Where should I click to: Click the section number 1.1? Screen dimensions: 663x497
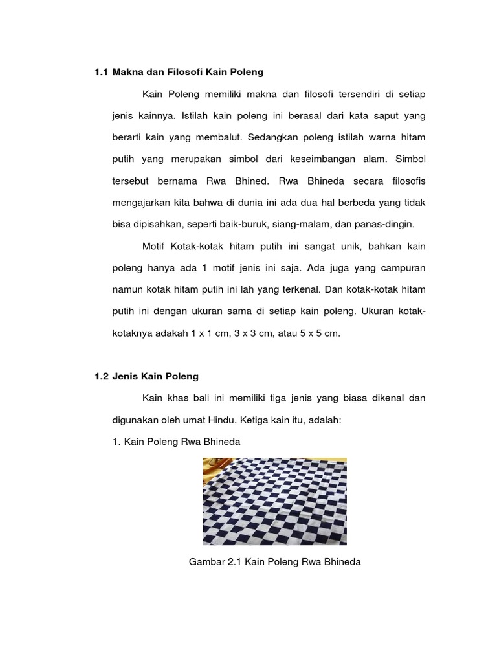[101, 72]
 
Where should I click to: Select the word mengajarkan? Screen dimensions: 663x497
[140, 203]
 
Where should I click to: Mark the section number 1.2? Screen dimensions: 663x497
[101, 376]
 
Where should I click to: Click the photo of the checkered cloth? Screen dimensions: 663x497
[275, 501]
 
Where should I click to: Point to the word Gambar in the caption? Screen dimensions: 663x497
[205, 562]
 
